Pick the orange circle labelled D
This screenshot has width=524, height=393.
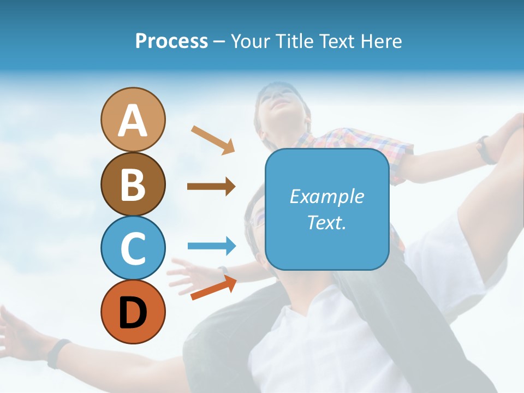click(x=133, y=312)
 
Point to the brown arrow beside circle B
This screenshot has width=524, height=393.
click(x=211, y=187)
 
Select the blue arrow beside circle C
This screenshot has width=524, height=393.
click(x=212, y=246)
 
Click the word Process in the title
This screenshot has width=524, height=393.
click(x=171, y=41)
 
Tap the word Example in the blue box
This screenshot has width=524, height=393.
click(x=326, y=196)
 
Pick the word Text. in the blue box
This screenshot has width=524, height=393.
click(x=326, y=223)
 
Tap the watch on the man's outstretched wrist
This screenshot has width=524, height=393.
click(x=58, y=353)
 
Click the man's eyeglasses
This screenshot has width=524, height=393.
click(x=257, y=221)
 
